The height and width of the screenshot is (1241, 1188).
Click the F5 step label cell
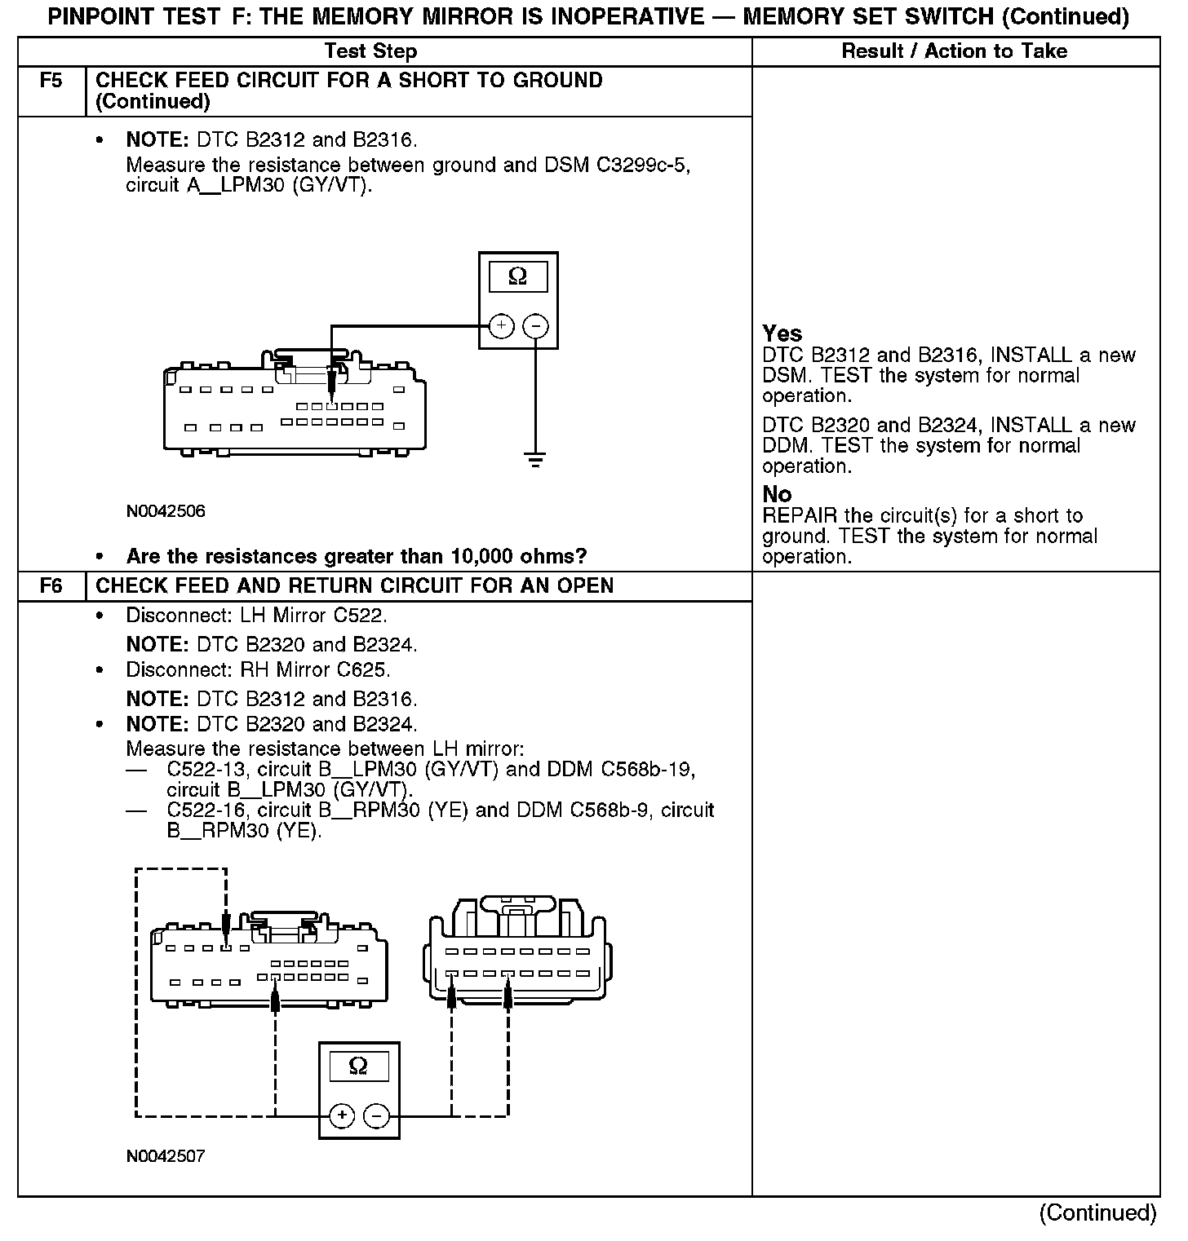pyautogui.click(x=51, y=82)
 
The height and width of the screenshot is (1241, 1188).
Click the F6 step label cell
pyautogui.click(x=51, y=586)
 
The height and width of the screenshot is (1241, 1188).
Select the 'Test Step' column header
pyautogui.click(x=370, y=51)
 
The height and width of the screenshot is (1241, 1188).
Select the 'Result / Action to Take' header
pyautogui.click(x=954, y=51)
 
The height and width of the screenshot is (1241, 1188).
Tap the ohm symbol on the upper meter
pyautogui.click(x=517, y=276)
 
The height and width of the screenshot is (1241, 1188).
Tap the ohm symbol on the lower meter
pyautogui.click(x=358, y=1066)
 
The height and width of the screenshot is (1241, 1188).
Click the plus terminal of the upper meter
pyautogui.click(x=501, y=326)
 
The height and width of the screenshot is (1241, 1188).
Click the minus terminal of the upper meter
pyautogui.click(x=535, y=326)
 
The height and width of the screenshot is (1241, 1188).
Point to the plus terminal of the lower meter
pyautogui.click(x=342, y=1115)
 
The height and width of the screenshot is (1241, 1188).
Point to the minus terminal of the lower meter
pyautogui.click(x=376, y=1115)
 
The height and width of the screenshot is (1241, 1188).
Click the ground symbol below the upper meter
pyautogui.click(x=535, y=460)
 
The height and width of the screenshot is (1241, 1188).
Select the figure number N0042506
pyautogui.click(x=166, y=512)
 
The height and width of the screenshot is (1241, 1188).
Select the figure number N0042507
pyautogui.click(x=166, y=1156)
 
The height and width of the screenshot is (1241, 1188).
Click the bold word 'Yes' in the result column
pyautogui.click(x=782, y=333)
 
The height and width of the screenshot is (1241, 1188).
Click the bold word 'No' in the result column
pyautogui.click(x=777, y=494)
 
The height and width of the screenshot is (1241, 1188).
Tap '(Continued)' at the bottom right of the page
pyautogui.click(x=1097, y=1213)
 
